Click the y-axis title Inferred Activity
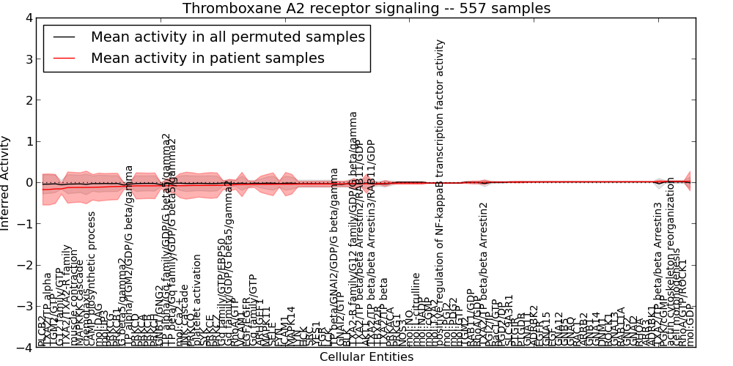6,182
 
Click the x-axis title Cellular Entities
366,357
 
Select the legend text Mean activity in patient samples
207,58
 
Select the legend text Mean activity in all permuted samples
228,37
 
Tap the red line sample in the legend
65,58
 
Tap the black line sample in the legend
65,37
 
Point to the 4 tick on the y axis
29,18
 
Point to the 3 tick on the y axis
29,59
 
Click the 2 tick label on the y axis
29,100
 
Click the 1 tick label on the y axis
29,141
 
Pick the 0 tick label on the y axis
29,182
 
